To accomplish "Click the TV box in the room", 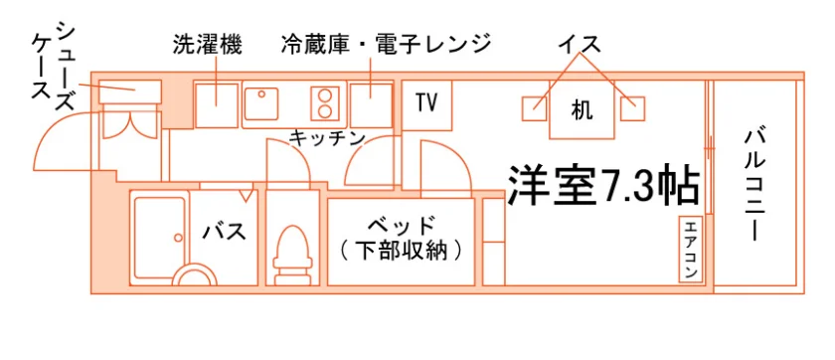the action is (426, 104).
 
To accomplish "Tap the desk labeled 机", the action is (582, 109).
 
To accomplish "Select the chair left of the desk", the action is (534, 108).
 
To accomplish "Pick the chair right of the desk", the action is (632, 108).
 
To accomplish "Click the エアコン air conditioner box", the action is (691, 250).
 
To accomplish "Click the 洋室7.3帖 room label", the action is (602, 185).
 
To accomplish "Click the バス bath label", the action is (225, 232).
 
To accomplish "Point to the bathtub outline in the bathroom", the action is (159, 238).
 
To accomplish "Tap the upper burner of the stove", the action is (324, 95).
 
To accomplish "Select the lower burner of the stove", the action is (324, 110).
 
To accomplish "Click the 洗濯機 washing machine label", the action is (207, 45).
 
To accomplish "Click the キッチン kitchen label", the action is (327, 138).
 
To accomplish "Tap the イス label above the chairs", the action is (580, 44).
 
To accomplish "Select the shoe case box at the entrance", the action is (130, 91).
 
